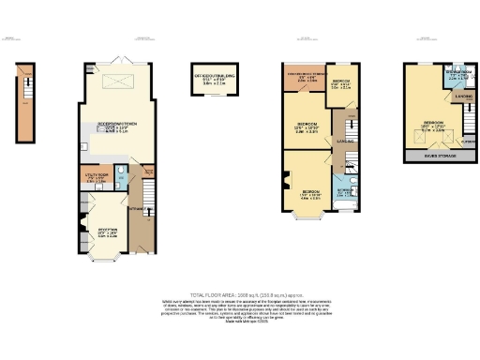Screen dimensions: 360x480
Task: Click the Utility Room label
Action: pos(97,176)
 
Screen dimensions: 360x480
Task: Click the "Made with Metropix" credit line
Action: pos(240,324)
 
